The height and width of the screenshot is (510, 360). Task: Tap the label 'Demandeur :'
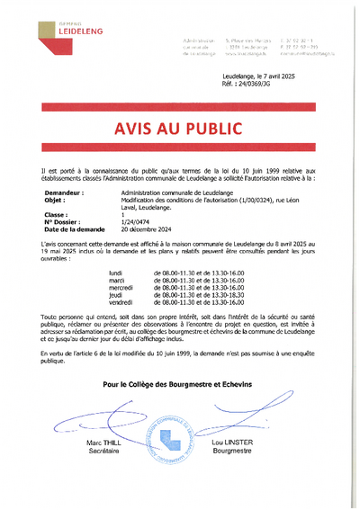click(64, 192)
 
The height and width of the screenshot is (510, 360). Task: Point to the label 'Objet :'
click(55, 200)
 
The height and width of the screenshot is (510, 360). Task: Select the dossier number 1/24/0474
click(136, 222)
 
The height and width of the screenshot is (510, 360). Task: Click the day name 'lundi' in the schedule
click(115, 272)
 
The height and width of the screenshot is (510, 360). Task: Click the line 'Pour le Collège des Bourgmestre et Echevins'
click(179, 383)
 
